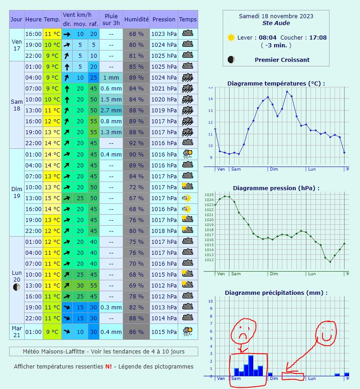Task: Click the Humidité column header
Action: (x=136, y=20)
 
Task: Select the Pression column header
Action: (x=164, y=20)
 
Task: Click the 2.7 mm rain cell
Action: (x=111, y=111)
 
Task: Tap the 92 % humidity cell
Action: (x=136, y=143)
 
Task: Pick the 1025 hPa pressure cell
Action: (x=164, y=56)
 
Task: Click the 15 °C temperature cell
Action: (x=52, y=198)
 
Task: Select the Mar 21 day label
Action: (x=17, y=332)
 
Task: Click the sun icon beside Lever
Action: (x=231, y=38)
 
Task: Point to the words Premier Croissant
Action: (x=282, y=60)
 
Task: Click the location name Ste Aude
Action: (x=276, y=23)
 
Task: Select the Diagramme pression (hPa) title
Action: (x=276, y=188)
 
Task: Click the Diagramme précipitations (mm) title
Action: (x=276, y=293)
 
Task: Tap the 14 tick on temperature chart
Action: (x=210, y=99)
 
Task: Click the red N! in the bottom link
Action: (x=108, y=367)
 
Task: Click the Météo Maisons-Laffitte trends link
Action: (x=104, y=352)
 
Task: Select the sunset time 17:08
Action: (x=318, y=38)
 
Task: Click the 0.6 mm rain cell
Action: (x=111, y=89)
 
